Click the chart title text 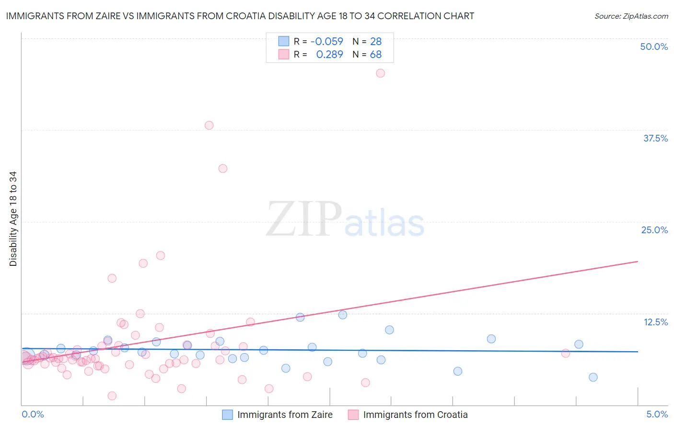pyautogui.click(x=240, y=16)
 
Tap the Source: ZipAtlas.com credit pyautogui.click(x=631, y=16)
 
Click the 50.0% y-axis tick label pyautogui.click(x=654, y=47)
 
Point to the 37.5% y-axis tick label pyautogui.click(x=655, y=138)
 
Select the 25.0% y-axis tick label pyautogui.click(x=654, y=230)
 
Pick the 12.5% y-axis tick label pyautogui.click(x=655, y=322)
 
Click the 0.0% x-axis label pyautogui.click(x=33, y=414)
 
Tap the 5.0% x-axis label pyautogui.click(x=657, y=414)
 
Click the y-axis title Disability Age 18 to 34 pyautogui.click(x=13, y=219)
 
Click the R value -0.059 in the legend pyautogui.click(x=327, y=42)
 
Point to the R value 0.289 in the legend pyautogui.click(x=330, y=55)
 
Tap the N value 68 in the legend pyautogui.click(x=376, y=55)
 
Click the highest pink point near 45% pyautogui.click(x=380, y=73)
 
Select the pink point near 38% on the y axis pyautogui.click(x=209, y=125)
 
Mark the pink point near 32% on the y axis pyautogui.click(x=222, y=168)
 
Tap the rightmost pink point pyautogui.click(x=566, y=354)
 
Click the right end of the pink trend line pyautogui.click(x=638, y=262)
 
